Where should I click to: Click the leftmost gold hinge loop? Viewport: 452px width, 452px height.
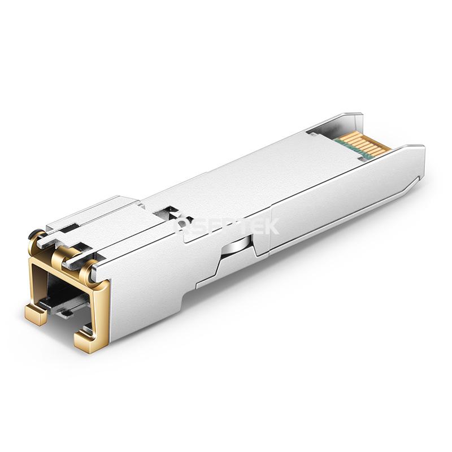[x=35, y=237]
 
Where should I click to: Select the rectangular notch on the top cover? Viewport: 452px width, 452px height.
[x=164, y=214]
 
